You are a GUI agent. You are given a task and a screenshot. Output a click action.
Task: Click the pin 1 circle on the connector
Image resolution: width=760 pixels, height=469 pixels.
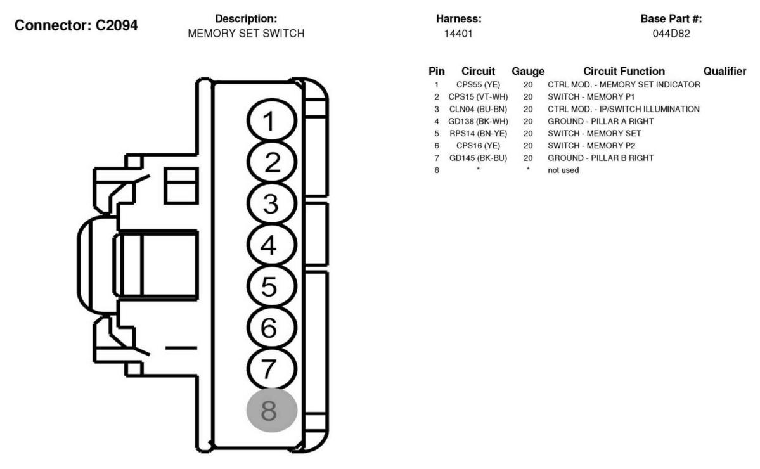point(271,120)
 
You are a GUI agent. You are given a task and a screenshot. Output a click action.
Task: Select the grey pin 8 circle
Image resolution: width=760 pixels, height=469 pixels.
point(271,410)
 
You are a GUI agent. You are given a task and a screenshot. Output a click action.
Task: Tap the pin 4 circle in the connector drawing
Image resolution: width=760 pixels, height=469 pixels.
point(271,245)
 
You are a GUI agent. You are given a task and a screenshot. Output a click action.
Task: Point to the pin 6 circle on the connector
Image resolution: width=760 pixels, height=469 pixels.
point(271,328)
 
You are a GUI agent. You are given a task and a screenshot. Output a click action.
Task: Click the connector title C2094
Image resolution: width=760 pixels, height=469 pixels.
point(76,25)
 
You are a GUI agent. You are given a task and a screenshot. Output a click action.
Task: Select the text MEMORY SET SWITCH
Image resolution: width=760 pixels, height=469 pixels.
point(246,34)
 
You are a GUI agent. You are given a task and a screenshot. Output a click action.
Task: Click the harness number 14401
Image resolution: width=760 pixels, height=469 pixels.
point(458,34)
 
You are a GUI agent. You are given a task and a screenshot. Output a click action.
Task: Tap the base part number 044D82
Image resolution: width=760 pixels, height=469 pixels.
point(671,34)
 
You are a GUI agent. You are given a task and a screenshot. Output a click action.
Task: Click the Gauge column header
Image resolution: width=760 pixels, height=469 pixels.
point(528,71)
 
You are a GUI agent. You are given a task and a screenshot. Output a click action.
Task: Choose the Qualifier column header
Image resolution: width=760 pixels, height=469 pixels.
point(725,71)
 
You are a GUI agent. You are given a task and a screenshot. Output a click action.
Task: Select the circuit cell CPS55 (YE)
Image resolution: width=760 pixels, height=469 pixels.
point(478,84)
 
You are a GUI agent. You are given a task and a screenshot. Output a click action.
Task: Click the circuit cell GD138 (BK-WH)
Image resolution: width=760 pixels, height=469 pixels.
point(478,121)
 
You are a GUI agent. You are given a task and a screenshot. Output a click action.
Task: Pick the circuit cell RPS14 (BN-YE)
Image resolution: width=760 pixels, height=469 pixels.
point(478,133)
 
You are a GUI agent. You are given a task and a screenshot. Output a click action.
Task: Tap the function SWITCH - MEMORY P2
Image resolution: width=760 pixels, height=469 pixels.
point(591,145)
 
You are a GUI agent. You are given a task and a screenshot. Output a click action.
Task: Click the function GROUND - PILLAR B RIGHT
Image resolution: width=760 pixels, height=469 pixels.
point(600,158)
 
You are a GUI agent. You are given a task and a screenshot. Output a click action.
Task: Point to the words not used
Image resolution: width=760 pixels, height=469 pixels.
point(564,170)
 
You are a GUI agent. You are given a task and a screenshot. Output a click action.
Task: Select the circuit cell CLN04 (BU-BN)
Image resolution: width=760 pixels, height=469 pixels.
point(478,109)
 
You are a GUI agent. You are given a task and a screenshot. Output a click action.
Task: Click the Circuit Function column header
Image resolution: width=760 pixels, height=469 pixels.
point(624,71)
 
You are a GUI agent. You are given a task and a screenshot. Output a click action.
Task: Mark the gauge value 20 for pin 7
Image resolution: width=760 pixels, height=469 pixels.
point(528,158)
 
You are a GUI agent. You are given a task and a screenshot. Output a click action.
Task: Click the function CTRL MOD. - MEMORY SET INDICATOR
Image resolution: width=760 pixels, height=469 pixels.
point(624,84)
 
